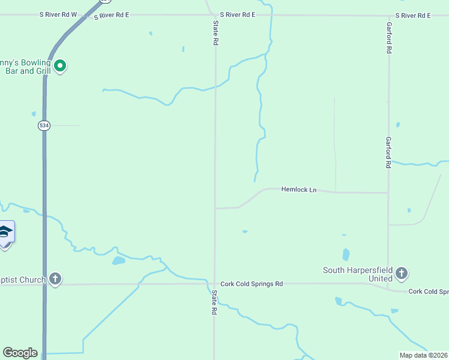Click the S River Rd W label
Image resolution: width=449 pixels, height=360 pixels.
tap(58, 14)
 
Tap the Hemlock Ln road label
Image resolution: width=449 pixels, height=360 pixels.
tap(298, 190)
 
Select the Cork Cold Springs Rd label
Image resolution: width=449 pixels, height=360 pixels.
tap(252, 284)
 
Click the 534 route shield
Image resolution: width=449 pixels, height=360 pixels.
tap(43, 125)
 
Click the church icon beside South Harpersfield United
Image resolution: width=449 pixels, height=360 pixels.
tap(402, 274)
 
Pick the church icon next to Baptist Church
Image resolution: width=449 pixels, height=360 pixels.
tap(55, 279)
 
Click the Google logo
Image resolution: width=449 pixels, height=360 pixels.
tap(20, 353)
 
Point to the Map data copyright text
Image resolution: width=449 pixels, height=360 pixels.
tap(424, 355)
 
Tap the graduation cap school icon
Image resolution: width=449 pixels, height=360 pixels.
tap(5, 232)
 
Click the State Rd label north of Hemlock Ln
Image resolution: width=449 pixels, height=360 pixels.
tap(215, 34)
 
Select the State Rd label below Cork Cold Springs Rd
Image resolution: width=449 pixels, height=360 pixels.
tap(213, 304)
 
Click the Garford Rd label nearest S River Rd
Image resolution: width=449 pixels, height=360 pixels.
tap(389, 39)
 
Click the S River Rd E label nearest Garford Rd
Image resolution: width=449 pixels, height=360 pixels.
tap(413, 15)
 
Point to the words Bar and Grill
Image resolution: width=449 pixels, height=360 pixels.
tap(28, 71)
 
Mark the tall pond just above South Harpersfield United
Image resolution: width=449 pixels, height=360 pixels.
tap(345, 254)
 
